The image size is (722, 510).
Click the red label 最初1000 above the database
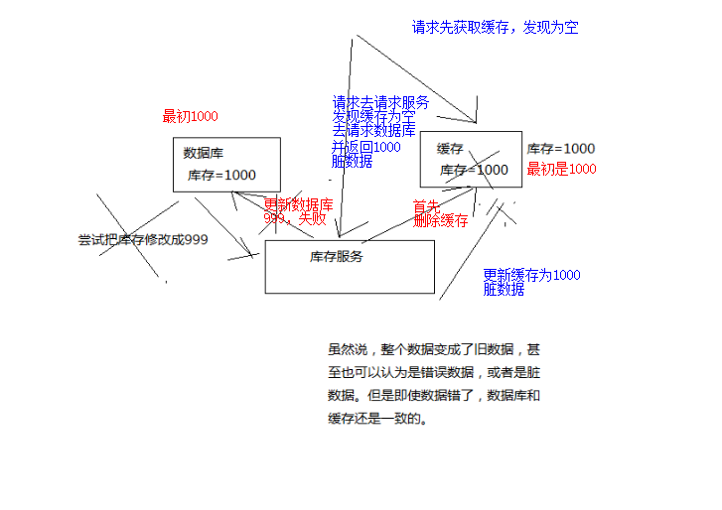click(190, 116)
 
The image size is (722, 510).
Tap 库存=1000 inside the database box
click(221, 175)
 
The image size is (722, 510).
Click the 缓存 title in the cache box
click(450, 149)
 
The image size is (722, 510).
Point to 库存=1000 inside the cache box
click(474, 170)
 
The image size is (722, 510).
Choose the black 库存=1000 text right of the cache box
click(561, 149)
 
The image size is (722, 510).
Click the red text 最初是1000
click(561, 169)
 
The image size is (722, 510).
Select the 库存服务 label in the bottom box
click(337, 257)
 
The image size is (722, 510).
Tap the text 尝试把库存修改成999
click(143, 239)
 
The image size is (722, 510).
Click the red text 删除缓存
click(440, 220)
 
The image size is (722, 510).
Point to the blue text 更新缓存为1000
click(531, 275)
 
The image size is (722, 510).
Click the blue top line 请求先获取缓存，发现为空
click(495, 28)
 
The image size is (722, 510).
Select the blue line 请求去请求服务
click(380, 102)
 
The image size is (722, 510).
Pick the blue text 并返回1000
click(366, 147)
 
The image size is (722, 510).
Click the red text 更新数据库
click(298, 204)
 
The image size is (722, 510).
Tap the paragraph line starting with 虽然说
click(434, 349)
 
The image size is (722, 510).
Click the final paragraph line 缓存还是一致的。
click(377, 418)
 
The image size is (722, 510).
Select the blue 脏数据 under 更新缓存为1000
click(504, 290)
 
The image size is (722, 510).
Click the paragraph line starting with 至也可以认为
click(434, 372)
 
